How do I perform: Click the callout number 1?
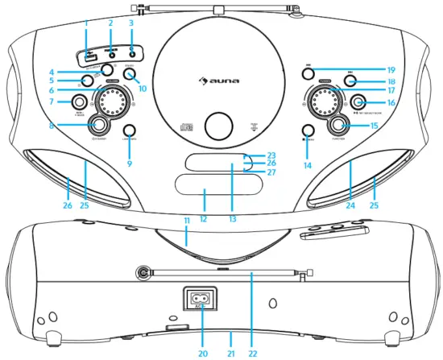click(85, 24)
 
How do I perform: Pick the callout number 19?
click(390, 69)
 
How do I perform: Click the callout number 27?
click(271, 173)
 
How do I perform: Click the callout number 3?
click(131, 24)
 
